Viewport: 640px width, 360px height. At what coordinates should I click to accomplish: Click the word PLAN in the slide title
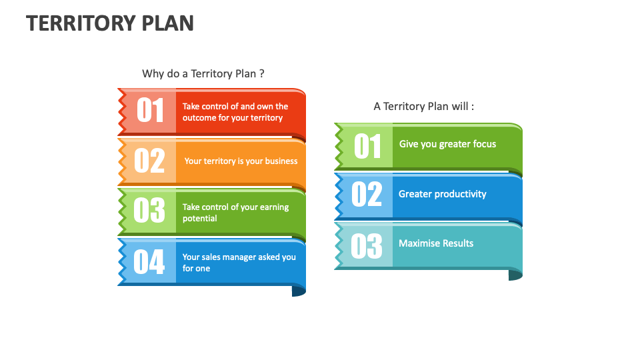click(x=168, y=23)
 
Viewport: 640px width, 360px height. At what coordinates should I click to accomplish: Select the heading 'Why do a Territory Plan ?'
click(x=203, y=73)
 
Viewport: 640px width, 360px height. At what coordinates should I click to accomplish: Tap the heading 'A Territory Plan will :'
click(x=424, y=106)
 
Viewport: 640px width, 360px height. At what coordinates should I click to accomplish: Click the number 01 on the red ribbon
click(x=150, y=111)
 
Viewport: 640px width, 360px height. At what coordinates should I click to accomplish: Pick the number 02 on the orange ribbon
click(x=149, y=161)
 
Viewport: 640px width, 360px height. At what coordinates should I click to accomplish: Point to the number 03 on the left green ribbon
click(x=149, y=211)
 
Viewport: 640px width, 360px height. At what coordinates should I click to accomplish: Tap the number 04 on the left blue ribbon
click(x=149, y=261)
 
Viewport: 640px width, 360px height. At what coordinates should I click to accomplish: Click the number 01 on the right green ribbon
click(x=367, y=147)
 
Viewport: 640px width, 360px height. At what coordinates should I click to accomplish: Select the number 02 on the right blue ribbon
click(x=367, y=195)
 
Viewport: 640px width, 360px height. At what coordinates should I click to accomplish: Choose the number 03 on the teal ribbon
click(x=367, y=245)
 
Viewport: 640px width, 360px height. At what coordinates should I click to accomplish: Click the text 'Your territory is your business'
click(x=241, y=161)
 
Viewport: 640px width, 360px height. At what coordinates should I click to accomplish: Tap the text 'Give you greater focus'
click(x=447, y=144)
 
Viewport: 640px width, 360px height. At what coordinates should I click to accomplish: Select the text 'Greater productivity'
click(x=443, y=194)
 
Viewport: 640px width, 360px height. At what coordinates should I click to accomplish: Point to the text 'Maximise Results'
click(x=436, y=243)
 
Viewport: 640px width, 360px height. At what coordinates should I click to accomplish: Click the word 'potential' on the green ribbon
click(x=200, y=219)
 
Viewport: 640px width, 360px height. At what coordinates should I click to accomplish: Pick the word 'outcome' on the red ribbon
click(x=199, y=118)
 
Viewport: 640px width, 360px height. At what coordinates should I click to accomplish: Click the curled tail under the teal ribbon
click(x=515, y=275)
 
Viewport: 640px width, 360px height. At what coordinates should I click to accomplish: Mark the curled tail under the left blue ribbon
click(x=299, y=291)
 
